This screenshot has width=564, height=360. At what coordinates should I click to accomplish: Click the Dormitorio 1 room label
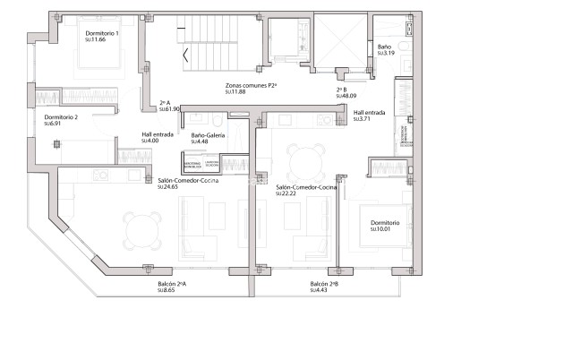point(102,33)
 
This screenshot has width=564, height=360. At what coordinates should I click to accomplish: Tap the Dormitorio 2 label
point(61,117)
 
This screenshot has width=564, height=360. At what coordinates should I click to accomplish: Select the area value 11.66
point(96,40)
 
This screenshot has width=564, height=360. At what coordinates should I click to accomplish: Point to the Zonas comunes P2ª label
point(251,85)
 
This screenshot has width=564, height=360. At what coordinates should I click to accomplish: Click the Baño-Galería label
point(208,134)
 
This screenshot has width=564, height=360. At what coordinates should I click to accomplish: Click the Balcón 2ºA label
point(172,284)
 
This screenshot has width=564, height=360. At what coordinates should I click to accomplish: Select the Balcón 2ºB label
point(324,284)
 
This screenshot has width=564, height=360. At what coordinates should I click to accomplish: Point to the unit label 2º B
point(341,90)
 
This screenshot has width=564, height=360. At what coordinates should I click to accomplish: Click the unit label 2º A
point(164,102)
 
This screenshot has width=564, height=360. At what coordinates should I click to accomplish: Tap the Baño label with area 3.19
point(385,47)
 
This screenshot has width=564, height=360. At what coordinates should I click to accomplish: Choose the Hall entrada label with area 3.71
point(369,112)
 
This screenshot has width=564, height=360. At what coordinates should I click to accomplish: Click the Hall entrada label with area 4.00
point(157,134)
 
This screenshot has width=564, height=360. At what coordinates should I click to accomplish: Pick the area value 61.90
point(170,108)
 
